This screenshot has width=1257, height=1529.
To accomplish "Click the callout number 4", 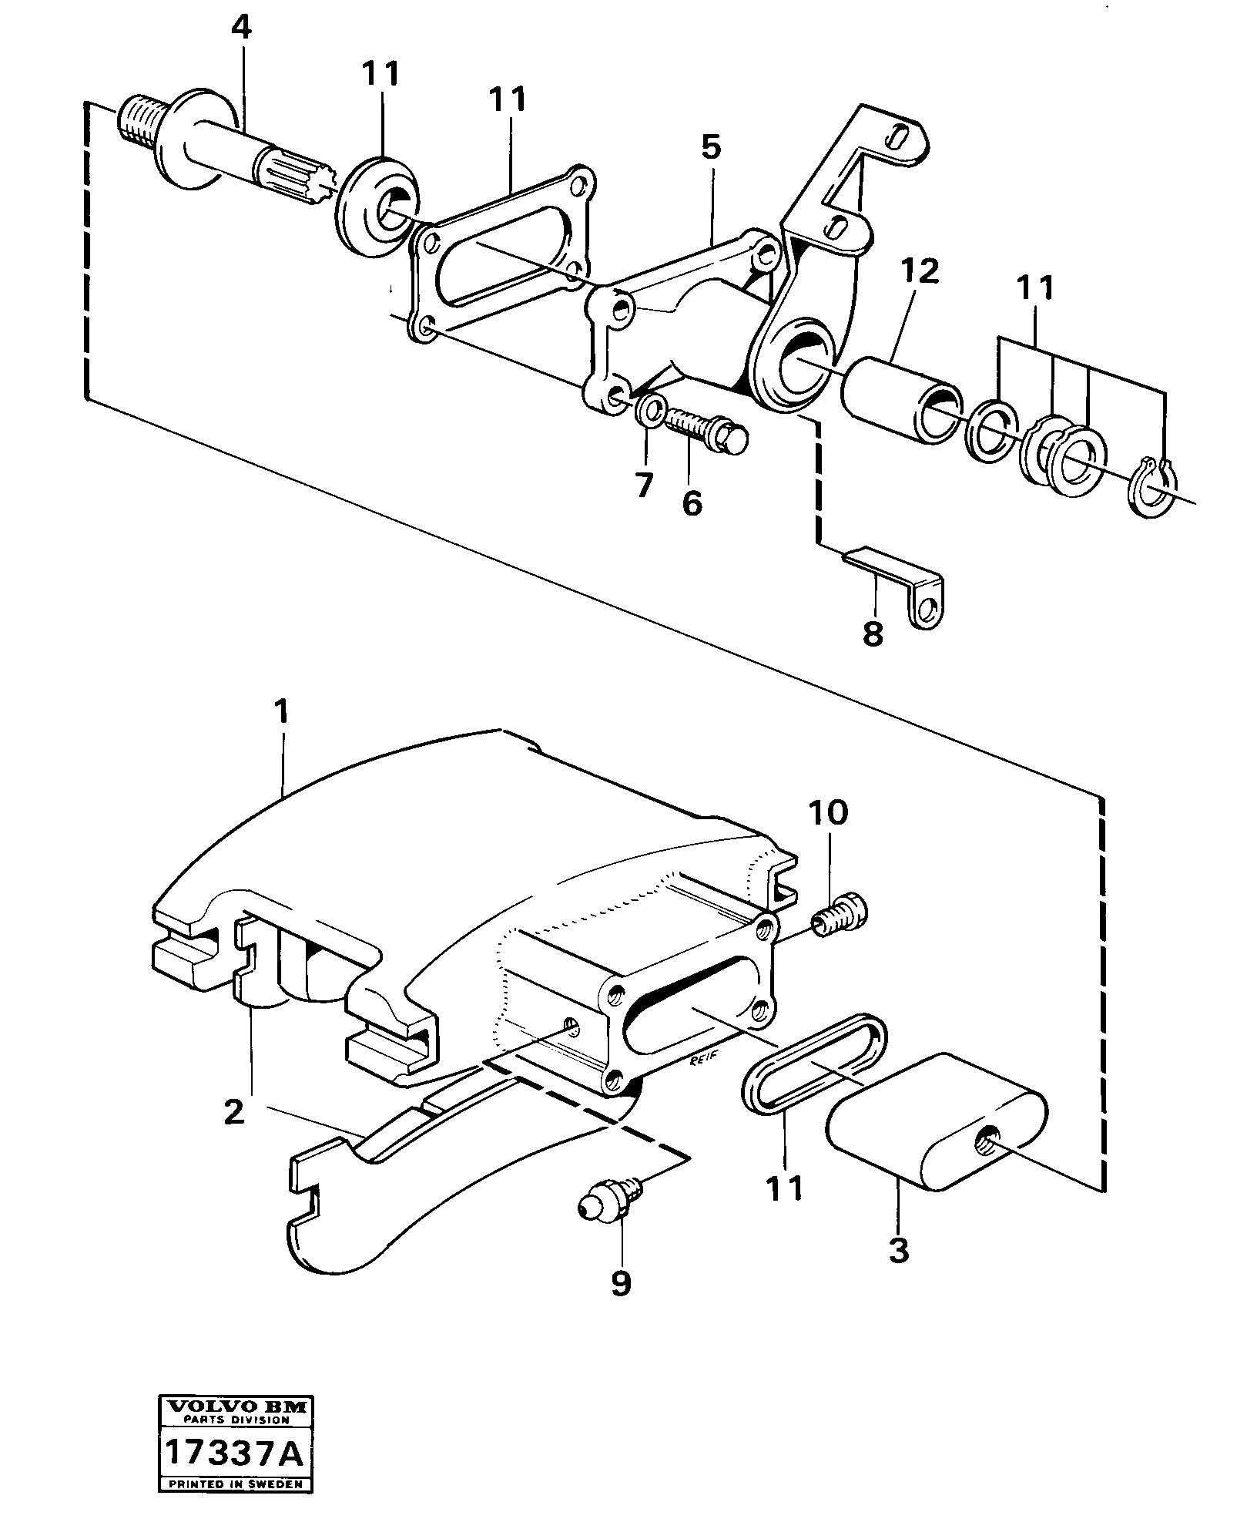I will click(x=240, y=29).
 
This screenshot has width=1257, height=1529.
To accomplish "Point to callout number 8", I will click(x=873, y=633).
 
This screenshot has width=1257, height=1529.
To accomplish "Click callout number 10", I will click(x=828, y=812).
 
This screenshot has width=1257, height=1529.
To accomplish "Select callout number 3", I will click(x=899, y=1249).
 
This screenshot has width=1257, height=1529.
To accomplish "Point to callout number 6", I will click(x=691, y=503).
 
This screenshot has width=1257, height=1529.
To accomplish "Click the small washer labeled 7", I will click(x=651, y=410).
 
